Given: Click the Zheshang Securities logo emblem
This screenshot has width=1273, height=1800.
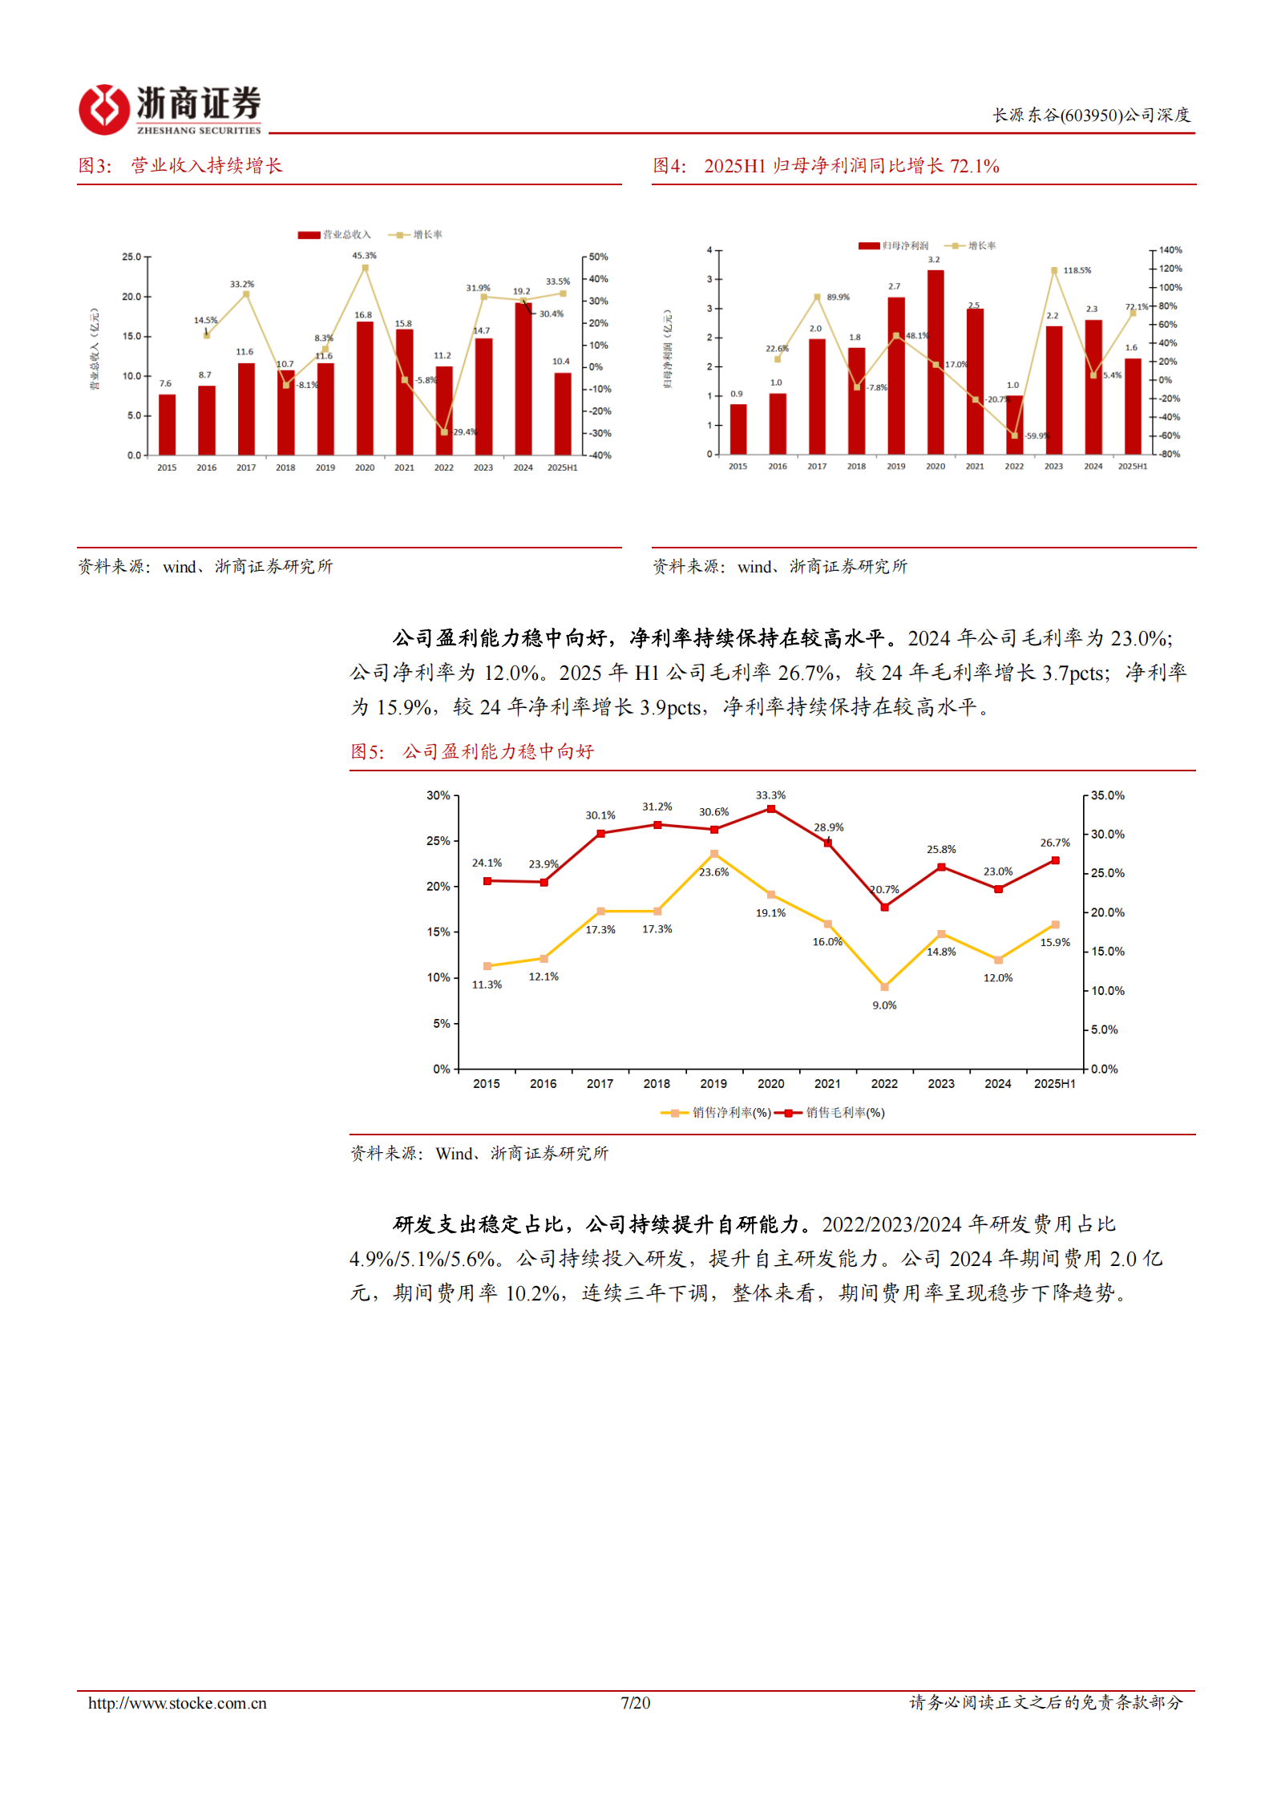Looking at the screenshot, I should click(103, 109).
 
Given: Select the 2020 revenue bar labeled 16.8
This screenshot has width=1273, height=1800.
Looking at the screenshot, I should click(365, 388).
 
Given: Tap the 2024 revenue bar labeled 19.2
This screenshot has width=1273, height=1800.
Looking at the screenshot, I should click(523, 378).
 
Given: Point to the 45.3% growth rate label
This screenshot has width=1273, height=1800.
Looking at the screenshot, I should click(364, 256).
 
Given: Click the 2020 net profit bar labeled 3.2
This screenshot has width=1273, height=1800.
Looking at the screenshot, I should click(935, 362).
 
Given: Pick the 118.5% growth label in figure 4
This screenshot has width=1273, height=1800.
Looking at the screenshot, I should click(1077, 271).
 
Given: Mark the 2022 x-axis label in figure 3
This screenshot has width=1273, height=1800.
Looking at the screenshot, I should click(444, 467).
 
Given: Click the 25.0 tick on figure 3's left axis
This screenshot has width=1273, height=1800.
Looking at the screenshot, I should click(131, 257).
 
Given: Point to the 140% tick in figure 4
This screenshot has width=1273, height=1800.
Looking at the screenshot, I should click(1170, 250).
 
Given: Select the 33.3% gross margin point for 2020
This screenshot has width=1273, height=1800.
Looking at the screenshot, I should click(771, 809).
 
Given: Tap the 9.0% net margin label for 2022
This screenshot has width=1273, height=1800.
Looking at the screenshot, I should click(884, 1005).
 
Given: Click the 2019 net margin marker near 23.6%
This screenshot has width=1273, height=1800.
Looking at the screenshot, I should click(714, 854).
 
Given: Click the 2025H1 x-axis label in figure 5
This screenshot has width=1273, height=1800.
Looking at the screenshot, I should click(1054, 1084).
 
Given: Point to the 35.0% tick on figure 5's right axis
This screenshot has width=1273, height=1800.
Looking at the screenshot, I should click(1107, 795).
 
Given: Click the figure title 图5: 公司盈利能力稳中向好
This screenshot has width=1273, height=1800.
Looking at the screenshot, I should click(472, 751).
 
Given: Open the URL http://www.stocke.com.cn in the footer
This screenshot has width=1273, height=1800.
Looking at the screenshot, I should click(177, 1703).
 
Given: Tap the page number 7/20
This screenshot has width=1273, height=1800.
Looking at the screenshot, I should click(635, 1703).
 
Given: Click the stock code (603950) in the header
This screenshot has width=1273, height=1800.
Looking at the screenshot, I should click(1090, 115).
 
